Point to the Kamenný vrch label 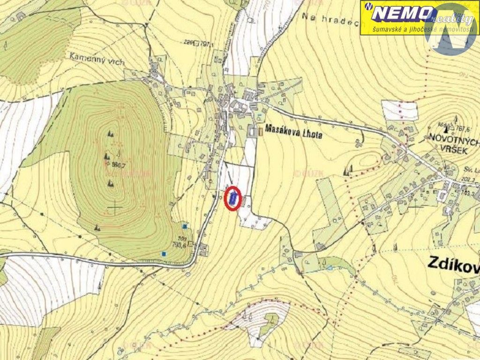(x=90, y=56)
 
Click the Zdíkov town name (x=453, y=265)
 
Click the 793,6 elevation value (x=180, y=244)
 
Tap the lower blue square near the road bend (x=164, y=254)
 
